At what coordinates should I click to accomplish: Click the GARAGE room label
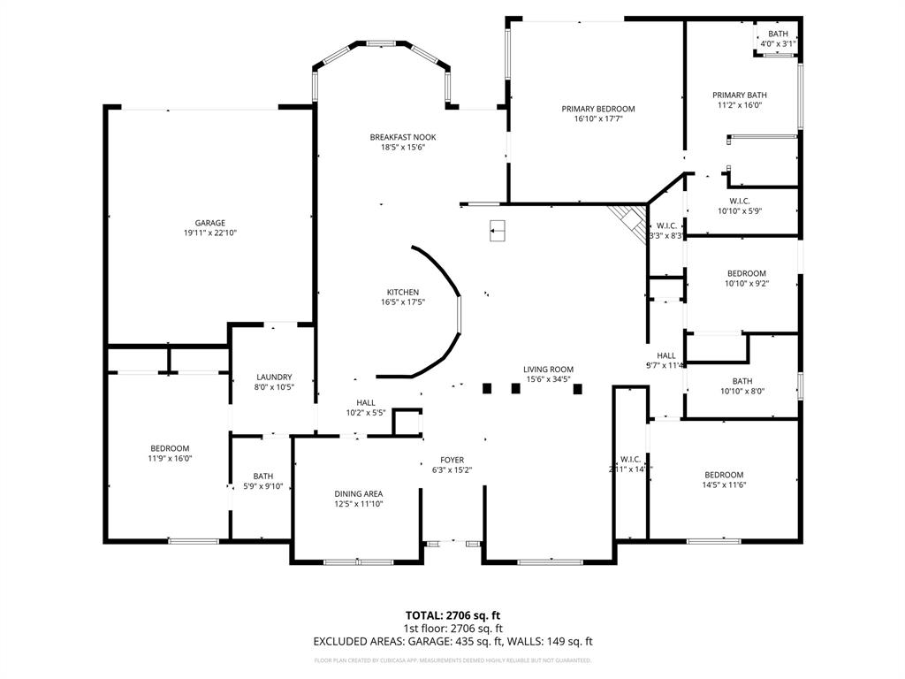click(210, 223)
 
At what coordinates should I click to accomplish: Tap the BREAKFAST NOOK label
click(402, 137)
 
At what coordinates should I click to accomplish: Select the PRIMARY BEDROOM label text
click(598, 109)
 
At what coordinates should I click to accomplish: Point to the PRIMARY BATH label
click(740, 95)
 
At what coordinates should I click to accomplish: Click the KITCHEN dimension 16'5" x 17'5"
click(402, 302)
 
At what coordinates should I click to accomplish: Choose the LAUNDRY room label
click(274, 377)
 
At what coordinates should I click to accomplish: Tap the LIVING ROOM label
click(548, 370)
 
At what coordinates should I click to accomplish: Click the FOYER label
click(452, 460)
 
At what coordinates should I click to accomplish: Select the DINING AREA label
click(358, 493)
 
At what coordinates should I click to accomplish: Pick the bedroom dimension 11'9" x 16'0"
click(169, 459)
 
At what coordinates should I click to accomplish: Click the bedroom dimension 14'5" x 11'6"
click(724, 484)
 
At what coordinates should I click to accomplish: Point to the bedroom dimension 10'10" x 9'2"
click(746, 284)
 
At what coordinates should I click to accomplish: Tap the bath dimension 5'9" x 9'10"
click(262, 485)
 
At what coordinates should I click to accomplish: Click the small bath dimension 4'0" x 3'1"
click(778, 43)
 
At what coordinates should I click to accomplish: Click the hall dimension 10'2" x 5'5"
click(365, 412)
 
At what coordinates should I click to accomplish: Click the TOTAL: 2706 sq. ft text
click(452, 614)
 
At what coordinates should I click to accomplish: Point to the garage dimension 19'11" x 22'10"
click(210, 233)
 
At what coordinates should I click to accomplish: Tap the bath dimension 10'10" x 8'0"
click(741, 392)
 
